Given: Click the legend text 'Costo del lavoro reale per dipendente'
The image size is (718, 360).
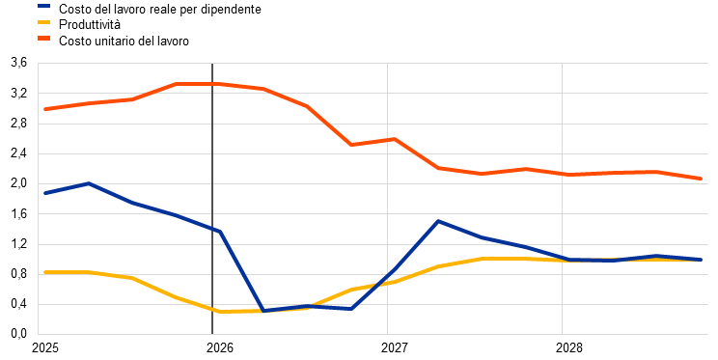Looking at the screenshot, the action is [x=160, y=9].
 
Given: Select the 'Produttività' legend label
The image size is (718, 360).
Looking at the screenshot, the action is [x=90, y=25].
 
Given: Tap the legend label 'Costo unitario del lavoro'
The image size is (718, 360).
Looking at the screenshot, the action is [x=124, y=41].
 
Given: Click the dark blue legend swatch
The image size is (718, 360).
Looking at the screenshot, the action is [x=44, y=7].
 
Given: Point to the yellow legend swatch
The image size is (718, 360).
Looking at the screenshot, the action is [x=44, y=22].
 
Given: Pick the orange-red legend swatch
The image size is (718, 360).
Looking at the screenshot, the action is [x=44, y=39].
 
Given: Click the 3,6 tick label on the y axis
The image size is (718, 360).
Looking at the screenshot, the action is [x=18, y=63].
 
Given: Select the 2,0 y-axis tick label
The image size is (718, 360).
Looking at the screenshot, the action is [x=18, y=183].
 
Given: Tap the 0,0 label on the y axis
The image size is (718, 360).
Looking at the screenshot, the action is [x=18, y=334].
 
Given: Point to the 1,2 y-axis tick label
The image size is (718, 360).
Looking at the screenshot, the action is [x=18, y=244].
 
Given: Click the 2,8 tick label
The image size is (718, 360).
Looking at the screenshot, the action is [x=18, y=124].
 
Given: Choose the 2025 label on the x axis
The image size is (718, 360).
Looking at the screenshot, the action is [x=44, y=348].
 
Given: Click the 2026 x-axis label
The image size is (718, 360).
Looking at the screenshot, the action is [x=220, y=348].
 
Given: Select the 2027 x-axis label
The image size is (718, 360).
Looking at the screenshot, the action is [x=395, y=348].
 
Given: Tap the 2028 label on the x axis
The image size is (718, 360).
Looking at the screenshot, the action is [x=569, y=348].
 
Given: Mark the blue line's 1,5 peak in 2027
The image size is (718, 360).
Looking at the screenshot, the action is [x=438, y=221].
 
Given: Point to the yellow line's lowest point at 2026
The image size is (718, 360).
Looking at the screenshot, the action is [x=220, y=312].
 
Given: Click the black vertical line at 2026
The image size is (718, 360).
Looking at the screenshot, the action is [x=212, y=199].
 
